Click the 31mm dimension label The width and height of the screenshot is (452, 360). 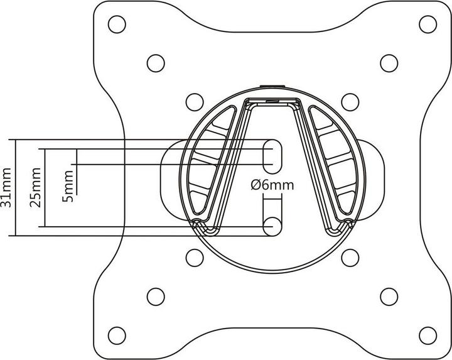(6, 187)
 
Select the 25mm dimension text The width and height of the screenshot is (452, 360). (36, 187)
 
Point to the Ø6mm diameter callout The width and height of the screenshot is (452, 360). (271, 185)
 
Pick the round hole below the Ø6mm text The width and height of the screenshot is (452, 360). (272, 226)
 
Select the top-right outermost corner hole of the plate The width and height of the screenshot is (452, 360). (428, 25)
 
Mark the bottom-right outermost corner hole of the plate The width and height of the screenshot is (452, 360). (428, 333)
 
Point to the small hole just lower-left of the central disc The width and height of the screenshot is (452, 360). (195, 258)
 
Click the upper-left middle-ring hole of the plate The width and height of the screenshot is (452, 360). (154, 62)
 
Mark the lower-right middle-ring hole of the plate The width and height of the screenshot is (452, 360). (389, 295)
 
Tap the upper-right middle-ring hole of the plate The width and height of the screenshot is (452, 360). (389, 62)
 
